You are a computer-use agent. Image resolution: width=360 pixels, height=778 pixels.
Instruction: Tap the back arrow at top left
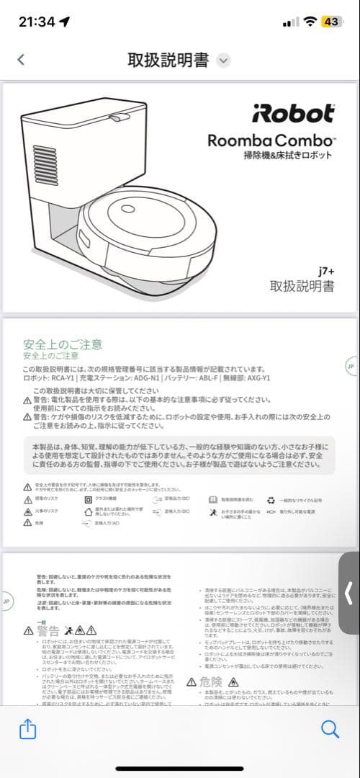pyautogui.click(x=21, y=60)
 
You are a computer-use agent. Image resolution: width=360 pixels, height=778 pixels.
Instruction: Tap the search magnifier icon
pyautogui.click(x=330, y=730)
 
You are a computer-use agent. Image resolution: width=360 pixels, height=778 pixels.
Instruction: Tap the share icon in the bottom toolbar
pyautogui.click(x=27, y=730)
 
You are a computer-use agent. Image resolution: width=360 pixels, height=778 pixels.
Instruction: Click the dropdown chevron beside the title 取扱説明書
pyautogui.click(x=224, y=60)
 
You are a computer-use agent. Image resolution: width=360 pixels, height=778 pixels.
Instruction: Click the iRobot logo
pyautogui.click(x=292, y=114)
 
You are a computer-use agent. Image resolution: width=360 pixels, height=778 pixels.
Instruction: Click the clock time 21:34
pyautogui.click(x=37, y=22)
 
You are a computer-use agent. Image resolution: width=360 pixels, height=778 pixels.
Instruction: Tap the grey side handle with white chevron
pyautogui.click(x=349, y=593)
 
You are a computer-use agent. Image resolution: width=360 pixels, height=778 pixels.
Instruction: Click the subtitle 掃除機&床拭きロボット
pyautogui.click(x=288, y=155)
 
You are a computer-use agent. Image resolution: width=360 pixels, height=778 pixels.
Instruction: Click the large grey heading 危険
pyautogui.click(x=211, y=682)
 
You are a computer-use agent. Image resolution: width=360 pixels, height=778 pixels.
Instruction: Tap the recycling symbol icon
pyautogui.click(x=271, y=498)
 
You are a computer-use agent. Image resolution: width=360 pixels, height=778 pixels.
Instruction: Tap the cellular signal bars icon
pyautogui.click(x=290, y=22)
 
